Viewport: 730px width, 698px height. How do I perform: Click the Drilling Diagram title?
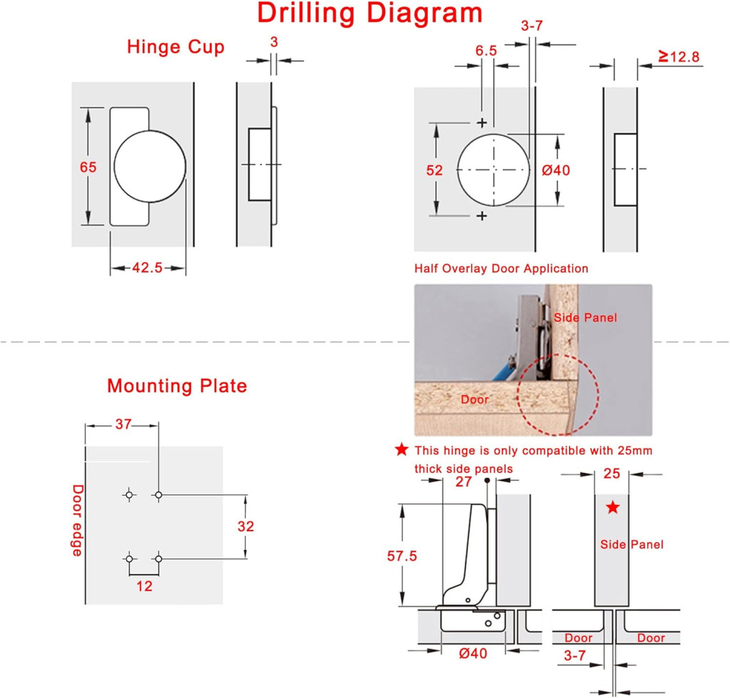click(x=370, y=13)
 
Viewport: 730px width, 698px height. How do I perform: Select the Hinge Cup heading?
click(x=175, y=48)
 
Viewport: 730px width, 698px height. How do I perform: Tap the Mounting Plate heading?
click(x=177, y=386)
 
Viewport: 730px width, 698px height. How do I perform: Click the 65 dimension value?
click(x=88, y=167)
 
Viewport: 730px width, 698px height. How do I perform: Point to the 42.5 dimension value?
click(x=147, y=268)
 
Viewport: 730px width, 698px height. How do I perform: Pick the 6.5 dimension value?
click(x=486, y=51)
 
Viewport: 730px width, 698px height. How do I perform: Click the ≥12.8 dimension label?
click(x=679, y=57)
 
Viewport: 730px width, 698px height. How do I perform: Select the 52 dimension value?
click(x=434, y=170)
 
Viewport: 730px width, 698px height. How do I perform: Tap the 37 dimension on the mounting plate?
click(x=123, y=424)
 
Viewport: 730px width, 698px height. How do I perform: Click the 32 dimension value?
click(x=246, y=526)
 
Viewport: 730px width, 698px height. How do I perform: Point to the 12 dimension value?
click(x=144, y=586)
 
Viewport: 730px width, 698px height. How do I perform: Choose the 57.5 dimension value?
click(x=402, y=556)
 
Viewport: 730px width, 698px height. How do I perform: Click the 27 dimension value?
click(x=463, y=481)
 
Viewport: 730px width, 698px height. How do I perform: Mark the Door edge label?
click(x=77, y=521)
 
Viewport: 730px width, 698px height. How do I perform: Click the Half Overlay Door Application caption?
click(x=501, y=269)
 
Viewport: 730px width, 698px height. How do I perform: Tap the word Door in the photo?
click(x=475, y=400)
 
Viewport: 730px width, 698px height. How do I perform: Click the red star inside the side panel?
click(x=612, y=507)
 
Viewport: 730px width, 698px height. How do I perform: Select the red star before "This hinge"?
click(x=401, y=449)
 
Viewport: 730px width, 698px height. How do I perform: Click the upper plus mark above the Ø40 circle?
click(x=482, y=123)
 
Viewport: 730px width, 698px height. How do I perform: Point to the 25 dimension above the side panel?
click(x=612, y=474)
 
